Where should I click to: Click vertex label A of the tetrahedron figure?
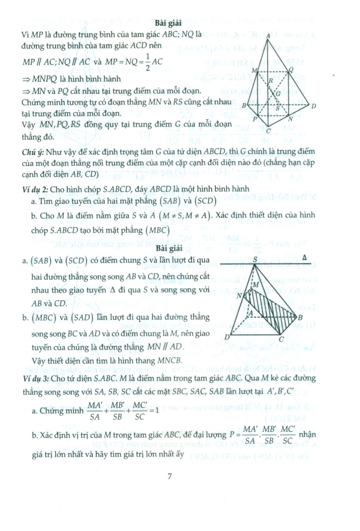pos(267,35)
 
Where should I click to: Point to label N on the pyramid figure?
pos(240,296)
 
